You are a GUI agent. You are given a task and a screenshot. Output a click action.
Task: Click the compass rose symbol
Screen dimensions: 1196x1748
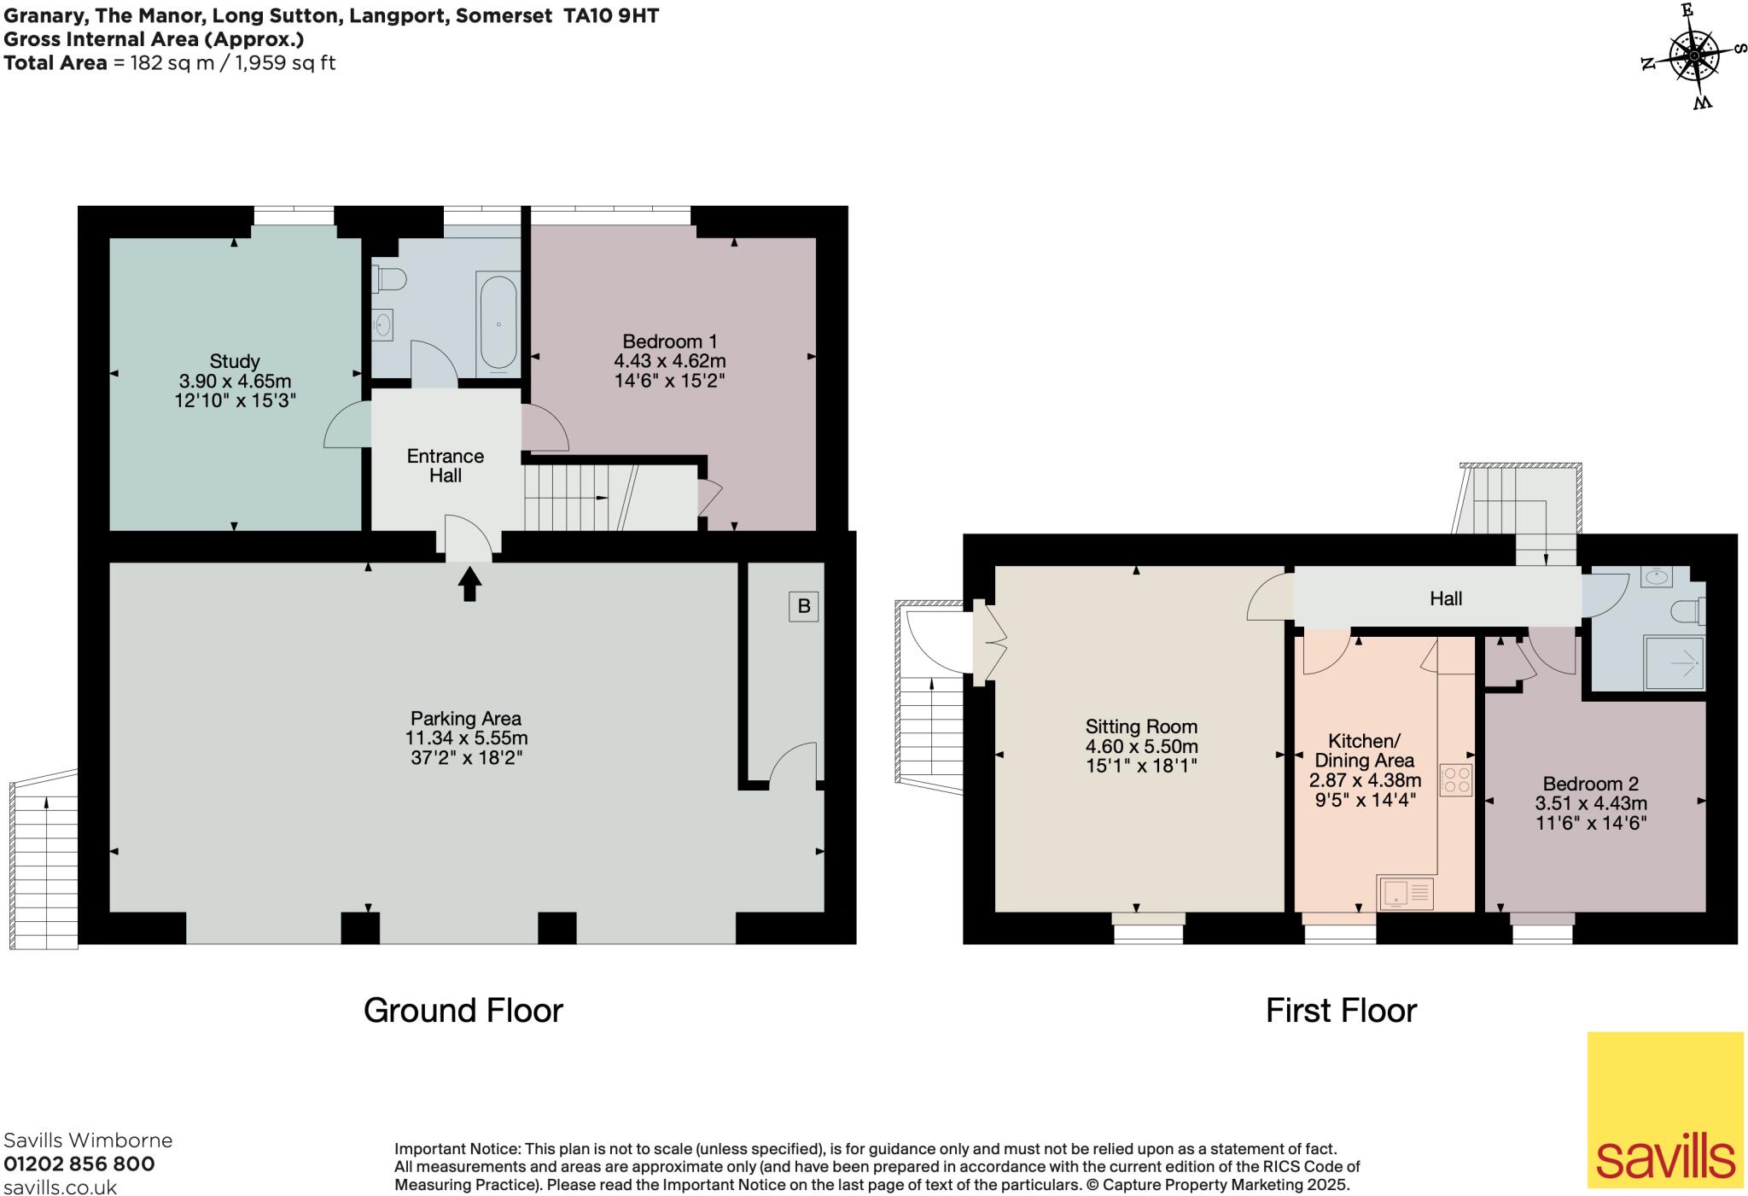click(x=1693, y=57)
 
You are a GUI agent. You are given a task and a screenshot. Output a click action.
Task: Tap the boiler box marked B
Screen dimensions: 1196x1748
click(x=803, y=606)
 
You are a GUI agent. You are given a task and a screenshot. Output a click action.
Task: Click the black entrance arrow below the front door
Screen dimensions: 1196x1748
click(x=469, y=585)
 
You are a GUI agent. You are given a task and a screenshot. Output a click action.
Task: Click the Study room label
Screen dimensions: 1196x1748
click(x=235, y=361)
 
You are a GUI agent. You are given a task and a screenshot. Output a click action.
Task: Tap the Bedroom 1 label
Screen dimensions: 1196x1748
click(x=669, y=341)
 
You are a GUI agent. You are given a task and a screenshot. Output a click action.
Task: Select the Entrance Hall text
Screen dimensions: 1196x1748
click(x=445, y=465)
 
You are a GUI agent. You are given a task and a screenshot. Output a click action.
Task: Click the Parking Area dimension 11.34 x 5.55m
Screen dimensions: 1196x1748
click(x=466, y=738)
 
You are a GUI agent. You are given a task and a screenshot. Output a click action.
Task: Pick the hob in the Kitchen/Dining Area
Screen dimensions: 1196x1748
click(x=1456, y=779)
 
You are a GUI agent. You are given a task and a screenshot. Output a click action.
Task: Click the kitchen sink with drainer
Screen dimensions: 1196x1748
click(x=1405, y=893)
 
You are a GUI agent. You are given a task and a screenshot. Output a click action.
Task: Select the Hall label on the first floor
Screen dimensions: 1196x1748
click(x=1446, y=599)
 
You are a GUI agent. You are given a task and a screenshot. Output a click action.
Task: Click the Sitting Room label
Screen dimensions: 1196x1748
click(x=1141, y=726)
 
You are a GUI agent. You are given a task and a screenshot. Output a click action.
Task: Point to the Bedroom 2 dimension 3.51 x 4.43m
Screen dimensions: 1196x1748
click(x=1591, y=803)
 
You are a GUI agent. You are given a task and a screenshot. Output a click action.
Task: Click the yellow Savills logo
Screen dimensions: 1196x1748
click(x=1664, y=1109)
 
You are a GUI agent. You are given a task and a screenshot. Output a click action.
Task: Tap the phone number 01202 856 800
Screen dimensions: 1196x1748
click(x=79, y=1164)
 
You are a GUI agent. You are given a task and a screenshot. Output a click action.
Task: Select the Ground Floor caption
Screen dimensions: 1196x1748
click(x=463, y=1011)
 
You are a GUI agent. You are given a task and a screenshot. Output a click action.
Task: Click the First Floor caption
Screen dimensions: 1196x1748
click(x=1341, y=1011)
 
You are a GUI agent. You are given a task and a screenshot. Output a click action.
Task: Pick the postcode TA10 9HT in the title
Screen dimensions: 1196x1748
click(x=610, y=15)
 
